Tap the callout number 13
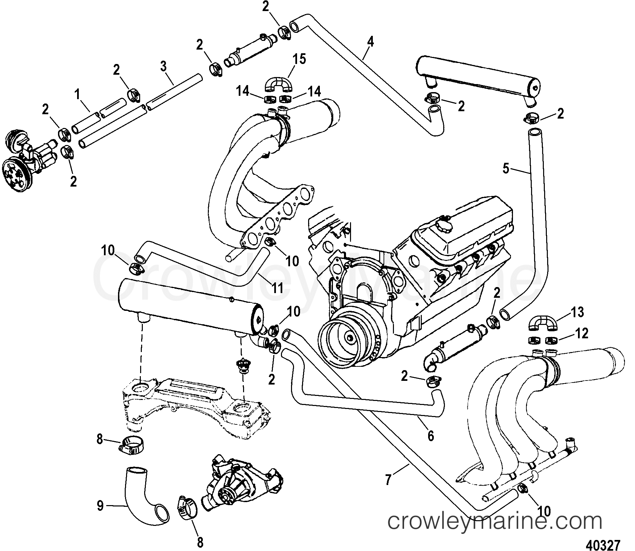pyautogui.click(x=576, y=312)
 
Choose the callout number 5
pyautogui.click(x=506, y=169)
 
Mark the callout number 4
pyautogui.click(x=370, y=42)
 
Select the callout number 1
pyautogui.click(x=78, y=95)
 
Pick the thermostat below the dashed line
pyautogui.click(x=242, y=365)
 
